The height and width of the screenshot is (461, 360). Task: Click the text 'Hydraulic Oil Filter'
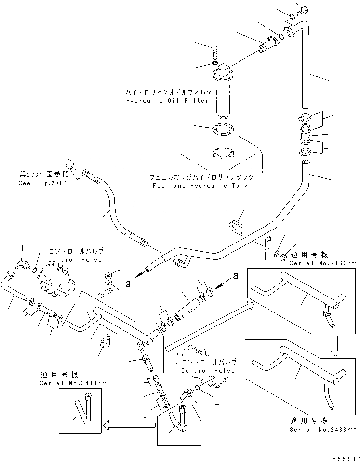[x=167, y=101]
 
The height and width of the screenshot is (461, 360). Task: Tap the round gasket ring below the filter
[x=223, y=129]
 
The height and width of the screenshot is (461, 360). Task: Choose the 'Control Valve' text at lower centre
[x=208, y=370]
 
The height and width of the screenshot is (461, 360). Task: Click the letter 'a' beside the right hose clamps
[x=236, y=276]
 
